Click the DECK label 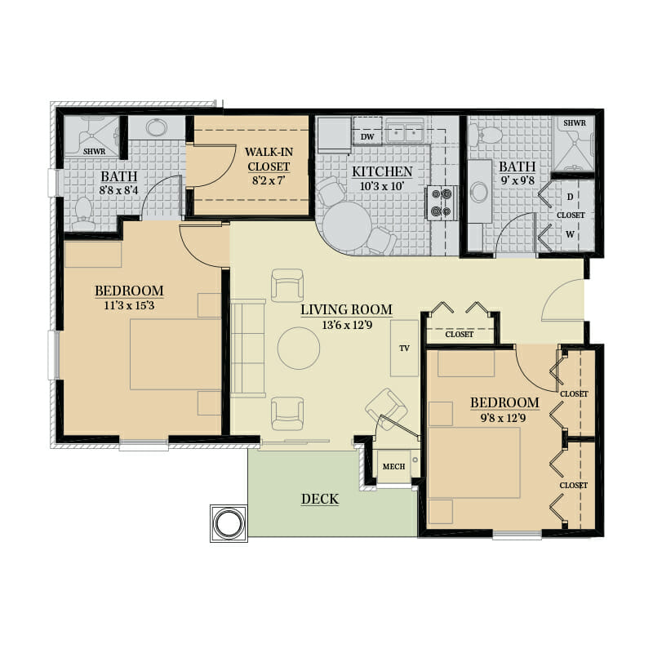[x=320, y=499]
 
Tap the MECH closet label [x=393, y=466]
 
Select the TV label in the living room [x=404, y=349]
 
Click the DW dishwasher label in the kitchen [x=367, y=137]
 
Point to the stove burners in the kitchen [x=442, y=202]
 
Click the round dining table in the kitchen [x=347, y=227]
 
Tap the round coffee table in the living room [x=299, y=349]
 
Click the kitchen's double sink [x=405, y=132]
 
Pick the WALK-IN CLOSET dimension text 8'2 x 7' [x=269, y=181]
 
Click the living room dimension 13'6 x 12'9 [x=347, y=325]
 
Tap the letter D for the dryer [x=570, y=197]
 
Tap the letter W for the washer [x=570, y=234]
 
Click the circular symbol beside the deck [x=229, y=523]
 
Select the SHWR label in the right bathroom [x=575, y=123]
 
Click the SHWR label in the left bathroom [x=95, y=151]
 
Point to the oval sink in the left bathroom [x=157, y=127]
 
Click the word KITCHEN [x=382, y=171]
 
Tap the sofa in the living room [x=248, y=349]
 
